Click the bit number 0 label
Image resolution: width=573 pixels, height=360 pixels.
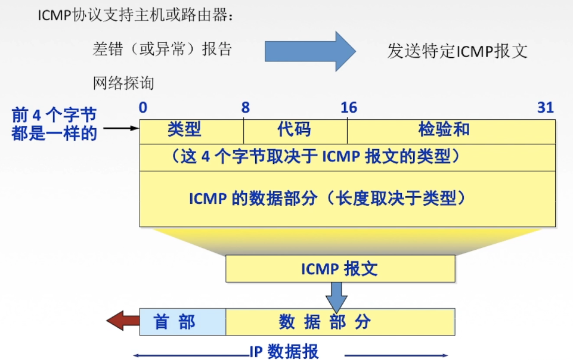(x=143, y=108)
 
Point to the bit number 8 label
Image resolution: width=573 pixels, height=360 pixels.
(x=245, y=108)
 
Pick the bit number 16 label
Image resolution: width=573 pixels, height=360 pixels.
(x=348, y=108)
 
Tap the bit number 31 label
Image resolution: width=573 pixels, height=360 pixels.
(x=546, y=108)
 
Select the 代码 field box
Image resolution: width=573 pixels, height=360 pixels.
(x=295, y=130)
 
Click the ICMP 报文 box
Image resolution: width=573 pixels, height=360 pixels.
(x=340, y=268)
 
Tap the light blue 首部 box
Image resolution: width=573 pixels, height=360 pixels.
(x=182, y=322)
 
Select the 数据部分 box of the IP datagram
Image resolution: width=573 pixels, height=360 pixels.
(x=340, y=322)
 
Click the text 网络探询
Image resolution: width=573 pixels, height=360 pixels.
(x=123, y=83)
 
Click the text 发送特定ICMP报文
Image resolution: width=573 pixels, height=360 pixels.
(x=457, y=51)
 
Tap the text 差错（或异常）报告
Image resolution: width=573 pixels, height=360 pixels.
(x=162, y=49)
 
